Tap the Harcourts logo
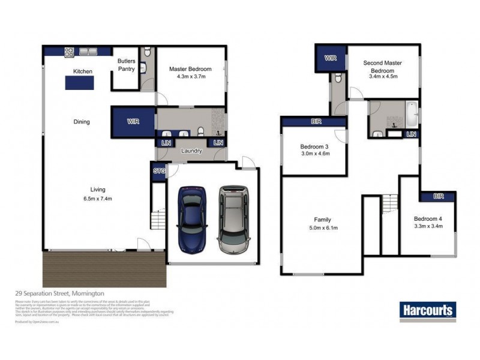pos(428,310)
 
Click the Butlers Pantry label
pos(126,65)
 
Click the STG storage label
pos(159,171)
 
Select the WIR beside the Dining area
pos(133,121)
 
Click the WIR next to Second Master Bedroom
pos(331,59)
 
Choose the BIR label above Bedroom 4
pos(438,196)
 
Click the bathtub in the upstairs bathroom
pos(411,112)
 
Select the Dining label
pos(82,122)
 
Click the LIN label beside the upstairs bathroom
pos(411,134)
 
